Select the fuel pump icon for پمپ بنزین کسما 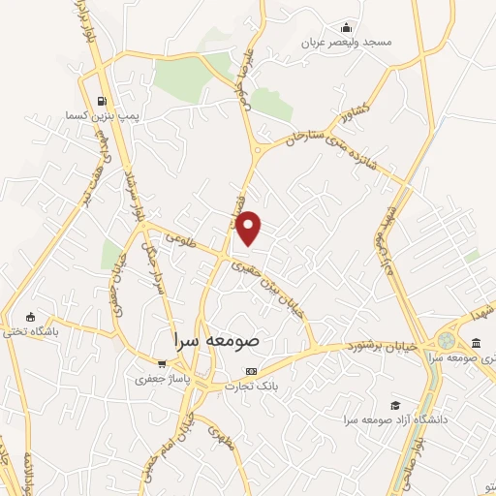tap(102, 100)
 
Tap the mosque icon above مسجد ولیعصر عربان tap(347, 27)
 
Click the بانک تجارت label tap(252, 387)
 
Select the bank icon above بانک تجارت tap(252, 371)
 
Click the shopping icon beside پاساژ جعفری tap(148, 364)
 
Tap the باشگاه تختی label tap(31, 331)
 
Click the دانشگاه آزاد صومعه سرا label tap(393, 419)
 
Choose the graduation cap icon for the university tap(394, 405)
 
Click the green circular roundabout tap(446, 341)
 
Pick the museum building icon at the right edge tap(476, 341)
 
